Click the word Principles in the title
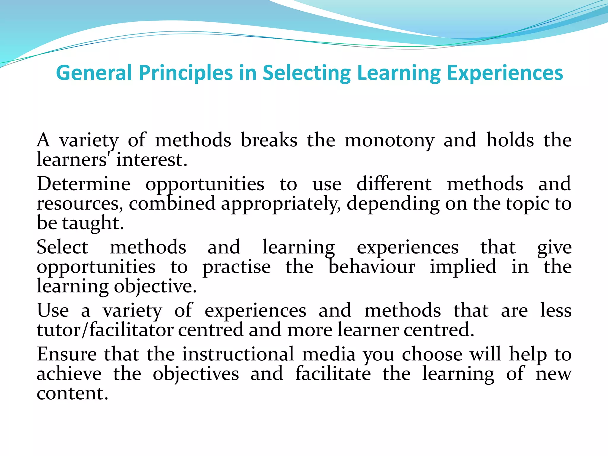(x=186, y=73)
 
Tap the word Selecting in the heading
(x=306, y=73)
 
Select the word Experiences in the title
(x=505, y=73)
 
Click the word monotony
(x=389, y=140)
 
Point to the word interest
(x=151, y=160)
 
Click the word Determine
(x=84, y=184)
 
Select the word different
(x=394, y=184)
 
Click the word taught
(x=93, y=223)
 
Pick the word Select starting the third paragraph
(x=62, y=247)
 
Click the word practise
(x=237, y=267)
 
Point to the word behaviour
(x=372, y=267)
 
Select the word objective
(x=155, y=287)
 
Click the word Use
(x=53, y=311)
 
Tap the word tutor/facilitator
(x=105, y=330)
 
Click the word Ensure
(x=67, y=354)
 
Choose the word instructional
(x=238, y=354)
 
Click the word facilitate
(x=333, y=374)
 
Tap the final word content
(x=72, y=393)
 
